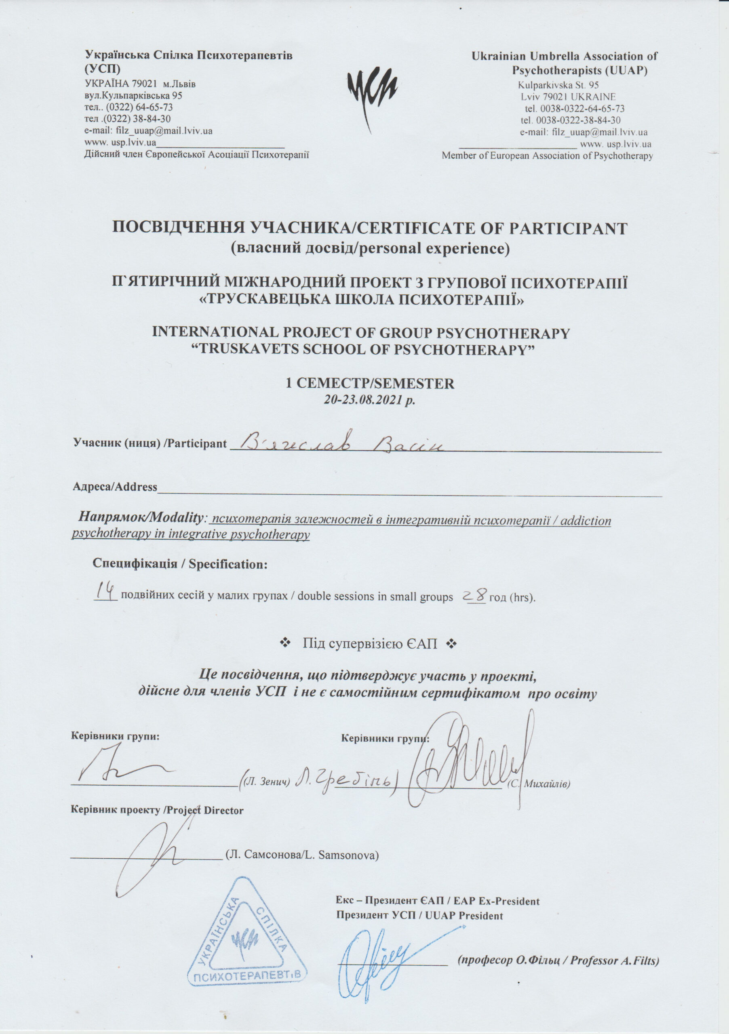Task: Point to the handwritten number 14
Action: click(x=105, y=591)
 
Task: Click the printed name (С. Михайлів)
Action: click(x=539, y=784)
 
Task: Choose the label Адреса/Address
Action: click(x=115, y=487)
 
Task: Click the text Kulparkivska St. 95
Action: click(x=558, y=85)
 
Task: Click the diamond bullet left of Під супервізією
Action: click(x=285, y=644)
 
